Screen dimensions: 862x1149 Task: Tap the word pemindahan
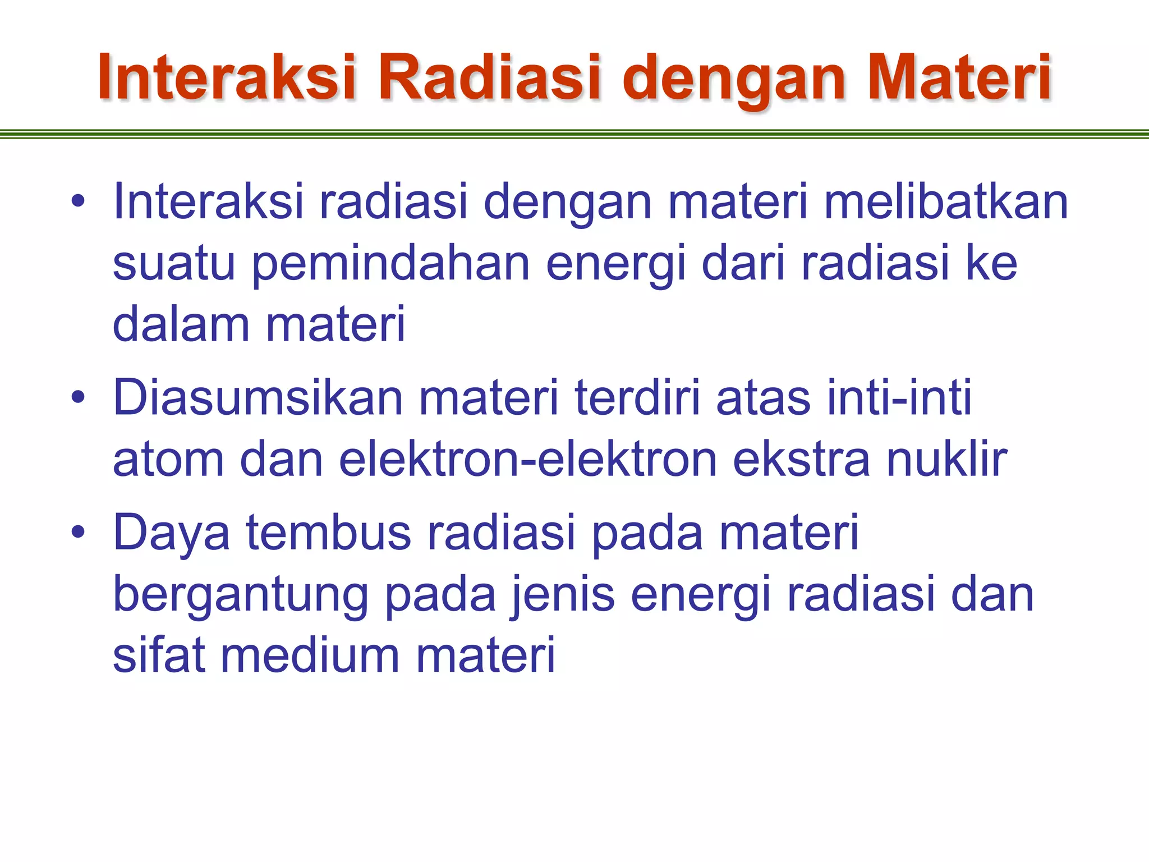[391, 264]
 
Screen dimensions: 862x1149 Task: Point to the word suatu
[174, 264]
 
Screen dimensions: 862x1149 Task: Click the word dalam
[181, 324]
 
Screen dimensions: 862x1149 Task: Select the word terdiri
[638, 398]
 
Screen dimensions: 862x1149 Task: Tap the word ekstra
[802, 460]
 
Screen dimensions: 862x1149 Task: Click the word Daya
[172, 532]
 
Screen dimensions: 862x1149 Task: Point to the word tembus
[329, 532]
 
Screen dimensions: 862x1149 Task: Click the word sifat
[159, 655]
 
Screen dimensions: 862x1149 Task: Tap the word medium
[310, 655]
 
